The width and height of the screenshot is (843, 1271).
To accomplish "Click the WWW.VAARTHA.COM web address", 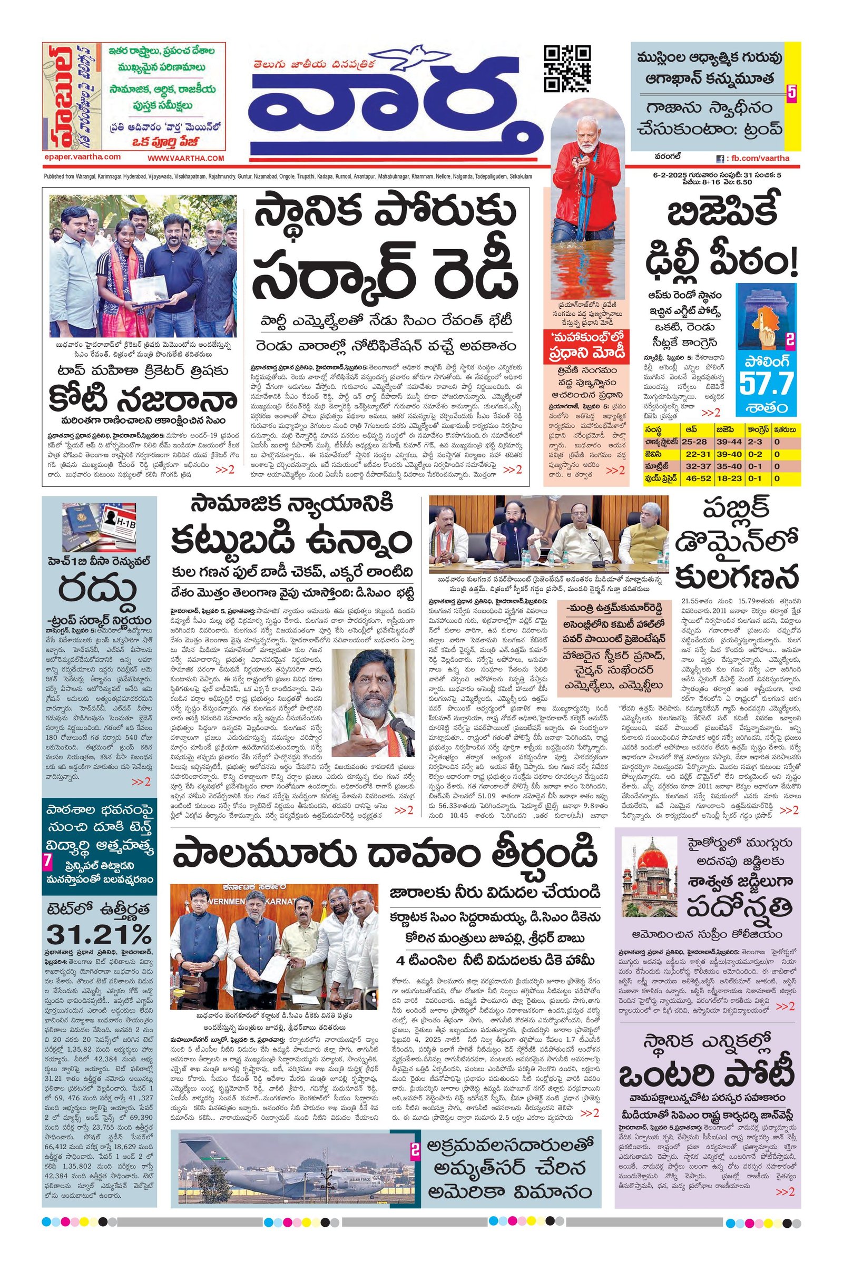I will (185, 158).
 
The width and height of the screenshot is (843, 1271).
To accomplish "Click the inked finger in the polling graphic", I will (770, 319).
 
